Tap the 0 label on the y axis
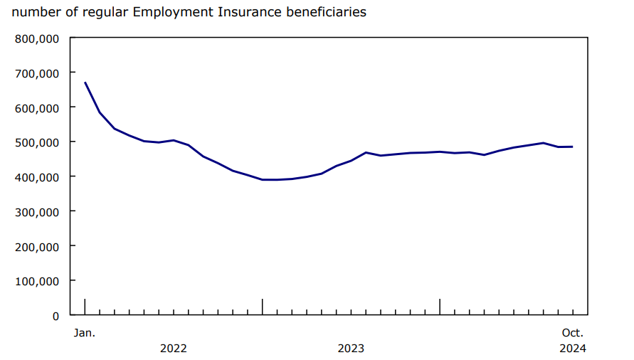(55, 315)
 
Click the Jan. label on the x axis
(85, 332)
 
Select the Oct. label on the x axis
(573, 332)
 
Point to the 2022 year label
(174, 348)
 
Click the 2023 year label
(351, 348)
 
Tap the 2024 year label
(573, 348)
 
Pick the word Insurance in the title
(240, 12)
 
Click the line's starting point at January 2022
(85, 83)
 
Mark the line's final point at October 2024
(573, 147)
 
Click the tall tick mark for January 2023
(263, 306)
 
